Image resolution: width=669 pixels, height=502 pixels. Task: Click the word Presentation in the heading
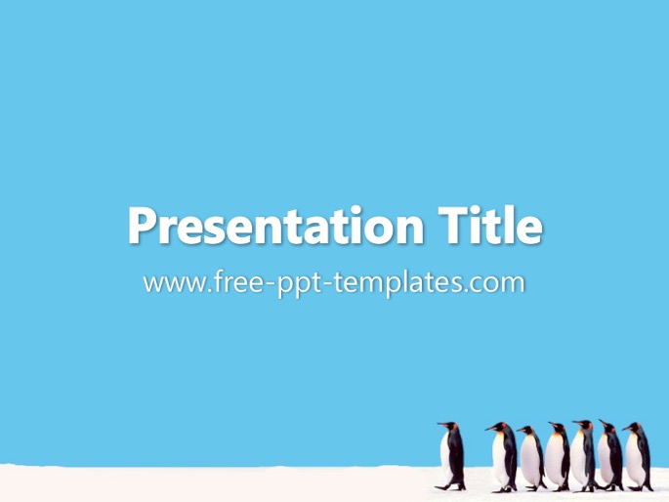point(276,227)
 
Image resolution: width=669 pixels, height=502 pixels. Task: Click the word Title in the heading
point(490,225)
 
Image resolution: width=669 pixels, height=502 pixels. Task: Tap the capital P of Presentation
point(142,225)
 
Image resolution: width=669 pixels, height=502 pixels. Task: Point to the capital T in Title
point(453,225)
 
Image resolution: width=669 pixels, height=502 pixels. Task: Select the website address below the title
point(334,283)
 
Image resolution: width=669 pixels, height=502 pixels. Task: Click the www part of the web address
point(174,284)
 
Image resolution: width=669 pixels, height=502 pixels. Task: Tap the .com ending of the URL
point(495,284)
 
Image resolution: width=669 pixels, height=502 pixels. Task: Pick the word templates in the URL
point(398,283)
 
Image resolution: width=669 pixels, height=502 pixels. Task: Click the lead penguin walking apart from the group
point(451,456)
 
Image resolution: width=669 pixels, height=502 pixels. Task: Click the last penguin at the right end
point(638,456)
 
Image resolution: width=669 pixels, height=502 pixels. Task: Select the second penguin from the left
point(503,457)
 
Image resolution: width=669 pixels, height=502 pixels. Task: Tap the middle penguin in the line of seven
point(557,456)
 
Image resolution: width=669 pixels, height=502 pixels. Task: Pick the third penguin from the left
point(531,458)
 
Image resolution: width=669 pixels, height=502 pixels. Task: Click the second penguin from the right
point(610,455)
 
